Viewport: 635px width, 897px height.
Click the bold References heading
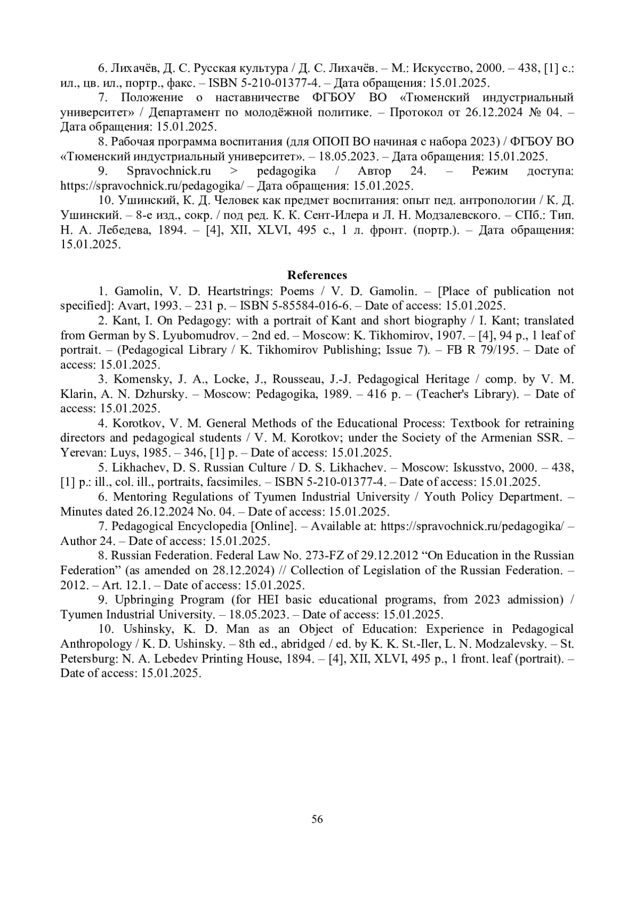click(317, 275)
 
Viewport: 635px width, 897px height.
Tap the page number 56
click(317, 819)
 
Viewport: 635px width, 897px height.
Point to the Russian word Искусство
click(442, 68)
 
